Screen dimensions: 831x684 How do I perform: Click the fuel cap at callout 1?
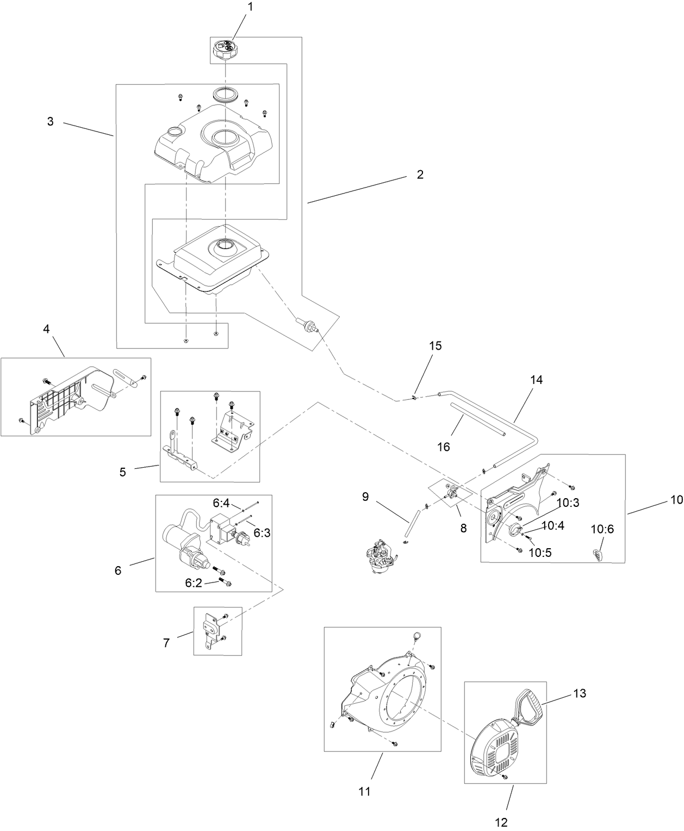226,51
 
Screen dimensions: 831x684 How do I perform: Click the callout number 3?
51,122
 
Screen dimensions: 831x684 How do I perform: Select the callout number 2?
420,175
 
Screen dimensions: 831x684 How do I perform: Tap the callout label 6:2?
194,583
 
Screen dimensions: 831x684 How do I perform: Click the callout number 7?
166,643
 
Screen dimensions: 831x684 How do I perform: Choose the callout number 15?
436,346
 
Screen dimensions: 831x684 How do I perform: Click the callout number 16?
444,446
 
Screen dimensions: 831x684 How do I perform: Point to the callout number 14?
536,380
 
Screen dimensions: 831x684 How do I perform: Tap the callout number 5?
123,472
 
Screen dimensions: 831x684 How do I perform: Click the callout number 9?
365,496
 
